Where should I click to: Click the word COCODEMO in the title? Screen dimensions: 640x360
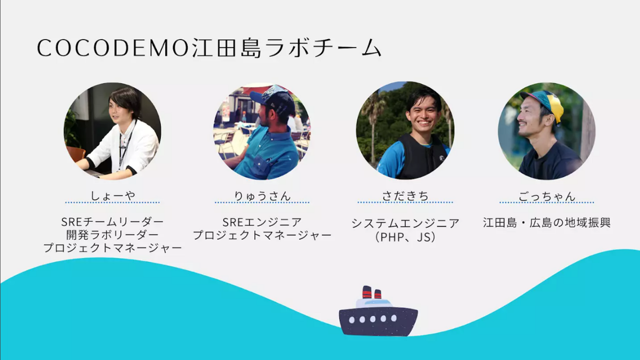pos(113,48)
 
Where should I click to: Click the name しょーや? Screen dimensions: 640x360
pos(112,196)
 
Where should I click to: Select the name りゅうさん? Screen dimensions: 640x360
pos(262,196)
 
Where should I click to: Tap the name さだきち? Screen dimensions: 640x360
pos(405,196)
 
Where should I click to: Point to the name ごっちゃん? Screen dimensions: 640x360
pos(547,196)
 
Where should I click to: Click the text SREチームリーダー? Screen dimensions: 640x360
pos(112,222)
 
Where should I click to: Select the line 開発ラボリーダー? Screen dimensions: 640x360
pos(112,235)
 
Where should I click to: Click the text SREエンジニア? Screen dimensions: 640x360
pos(262,222)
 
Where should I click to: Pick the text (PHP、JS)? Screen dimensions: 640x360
pos(405,237)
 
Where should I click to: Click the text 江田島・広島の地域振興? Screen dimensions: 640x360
pos(547,223)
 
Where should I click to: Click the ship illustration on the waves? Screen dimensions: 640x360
pos(378,312)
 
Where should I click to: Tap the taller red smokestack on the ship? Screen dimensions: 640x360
pos(367,292)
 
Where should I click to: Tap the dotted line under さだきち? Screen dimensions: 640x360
pos(405,202)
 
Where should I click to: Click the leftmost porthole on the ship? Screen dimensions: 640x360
pos(352,320)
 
